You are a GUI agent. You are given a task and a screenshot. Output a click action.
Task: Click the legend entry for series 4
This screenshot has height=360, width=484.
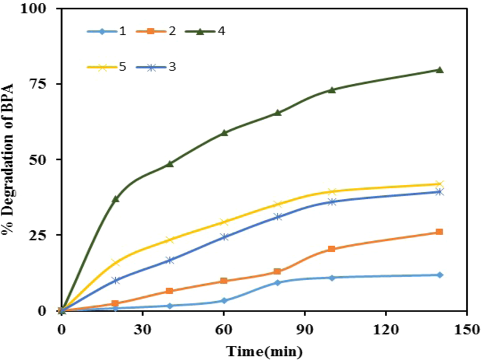tap(205, 31)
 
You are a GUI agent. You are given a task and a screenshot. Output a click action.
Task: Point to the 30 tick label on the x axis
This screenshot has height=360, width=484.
tap(143, 329)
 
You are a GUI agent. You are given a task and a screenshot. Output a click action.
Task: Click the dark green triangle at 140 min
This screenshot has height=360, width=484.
tap(440, 69)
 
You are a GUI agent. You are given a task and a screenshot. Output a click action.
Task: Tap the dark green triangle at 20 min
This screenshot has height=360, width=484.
tap(116, 199)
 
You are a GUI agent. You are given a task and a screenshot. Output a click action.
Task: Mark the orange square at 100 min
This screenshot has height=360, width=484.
tap(332, 249)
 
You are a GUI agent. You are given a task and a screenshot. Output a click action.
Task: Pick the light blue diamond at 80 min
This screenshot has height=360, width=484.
tap(278, 283)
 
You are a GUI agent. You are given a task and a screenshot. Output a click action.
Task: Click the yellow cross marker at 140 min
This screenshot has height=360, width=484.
tap(440, 184)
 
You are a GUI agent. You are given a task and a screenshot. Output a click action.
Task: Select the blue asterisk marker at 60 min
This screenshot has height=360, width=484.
tap(224, 237)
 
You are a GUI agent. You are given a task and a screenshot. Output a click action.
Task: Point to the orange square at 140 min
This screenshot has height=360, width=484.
tap(440, 232)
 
